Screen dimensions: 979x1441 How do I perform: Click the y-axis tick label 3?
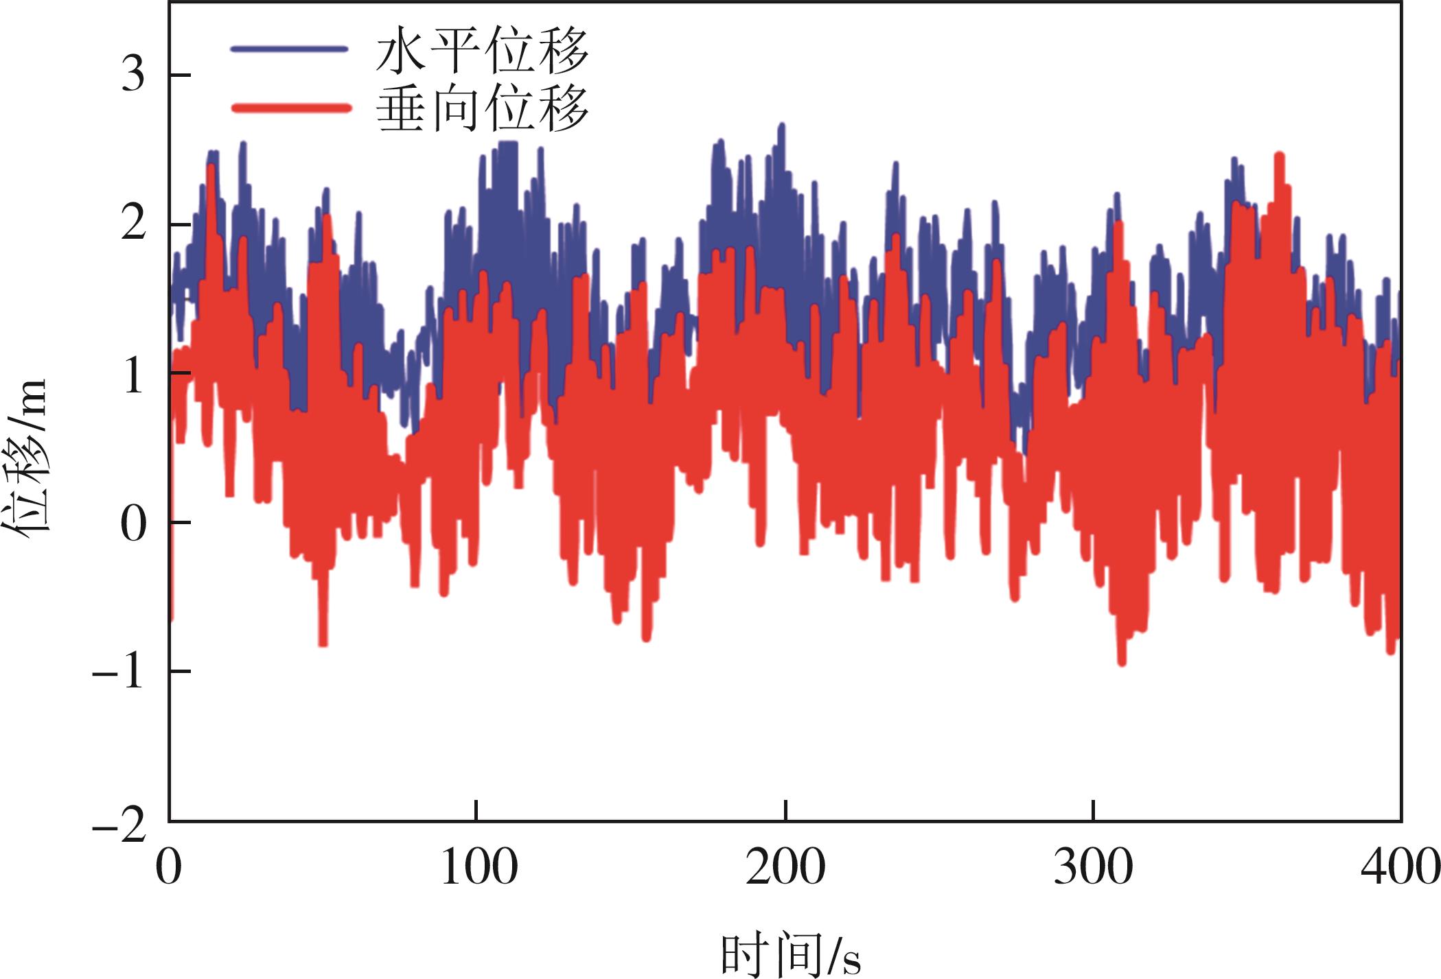click(x=134, y=76)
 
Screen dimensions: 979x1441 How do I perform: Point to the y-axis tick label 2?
click(x=134, y=226)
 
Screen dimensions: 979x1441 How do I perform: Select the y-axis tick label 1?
click(x=135, y=374)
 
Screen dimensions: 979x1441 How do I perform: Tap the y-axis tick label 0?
click(x=134, y=523)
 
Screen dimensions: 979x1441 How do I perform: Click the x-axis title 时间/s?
click(x=789, y=954)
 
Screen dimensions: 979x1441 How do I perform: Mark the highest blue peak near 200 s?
click(x=781, y=126)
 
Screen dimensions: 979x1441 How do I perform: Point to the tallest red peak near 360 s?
click(x=1279, y=155)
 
